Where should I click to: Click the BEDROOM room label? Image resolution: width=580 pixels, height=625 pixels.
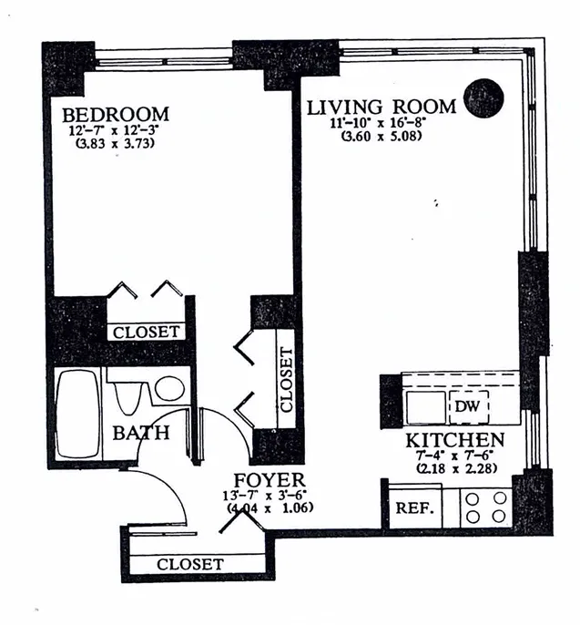point(116,115)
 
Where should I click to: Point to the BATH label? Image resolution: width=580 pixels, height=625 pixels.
point(140,433)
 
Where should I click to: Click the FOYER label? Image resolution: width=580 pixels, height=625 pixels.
point(268,480)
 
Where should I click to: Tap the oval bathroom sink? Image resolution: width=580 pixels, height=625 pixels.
point(168,389)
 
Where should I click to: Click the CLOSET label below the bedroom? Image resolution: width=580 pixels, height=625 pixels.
point(146,333)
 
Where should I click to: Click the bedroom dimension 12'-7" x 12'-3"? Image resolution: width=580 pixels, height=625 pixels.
point(116,130)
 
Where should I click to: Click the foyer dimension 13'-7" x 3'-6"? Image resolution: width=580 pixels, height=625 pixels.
point(269,495)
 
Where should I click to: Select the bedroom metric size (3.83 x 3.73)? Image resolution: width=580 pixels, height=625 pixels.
point(116,143)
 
